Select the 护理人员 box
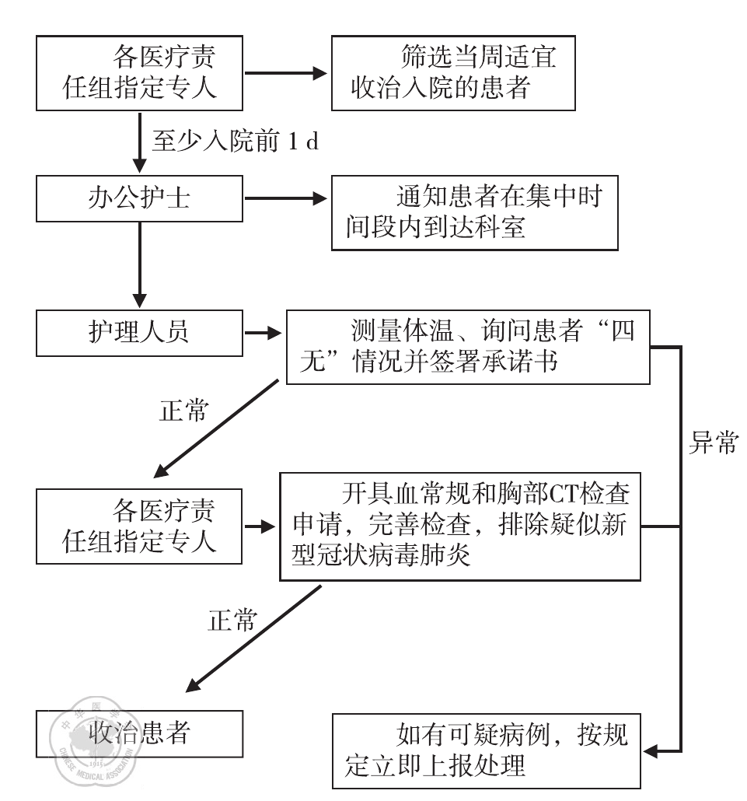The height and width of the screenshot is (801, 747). click(x=140, y=333)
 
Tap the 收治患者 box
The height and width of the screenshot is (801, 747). click(x=140, y=733)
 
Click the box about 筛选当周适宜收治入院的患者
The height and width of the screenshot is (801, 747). click(x=454, y=72)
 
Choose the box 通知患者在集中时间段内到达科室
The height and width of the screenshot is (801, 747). click(x=474, y=212)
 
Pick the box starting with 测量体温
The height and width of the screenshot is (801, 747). click(x=467, y=347)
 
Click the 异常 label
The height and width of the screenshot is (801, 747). click(x=714, y=445)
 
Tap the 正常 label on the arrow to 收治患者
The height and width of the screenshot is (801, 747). click(x=232, y=620)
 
